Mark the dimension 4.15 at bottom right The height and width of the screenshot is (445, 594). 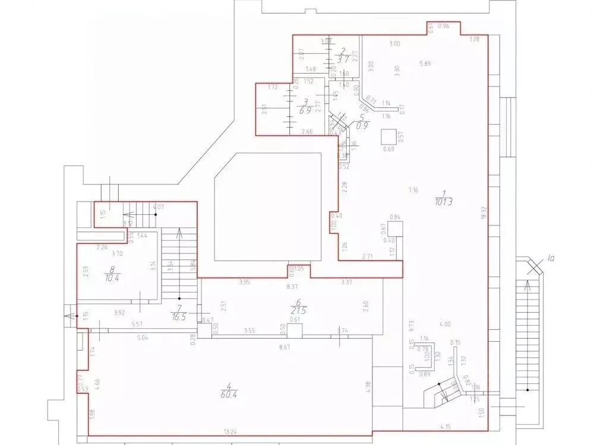(x=445, y=426)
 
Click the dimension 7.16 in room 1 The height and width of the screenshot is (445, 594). (x=413, y=190)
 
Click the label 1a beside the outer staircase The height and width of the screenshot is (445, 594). (x=551, y=259)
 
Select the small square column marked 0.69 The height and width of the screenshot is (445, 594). (x=388, y=136)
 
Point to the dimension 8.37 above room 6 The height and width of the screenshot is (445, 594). (x=292, y=287)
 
